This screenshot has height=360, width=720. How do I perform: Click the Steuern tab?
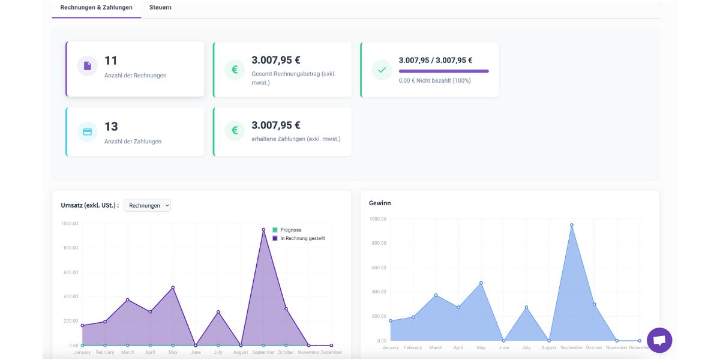pos(160,8)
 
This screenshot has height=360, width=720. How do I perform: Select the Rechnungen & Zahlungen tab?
pos(96,8)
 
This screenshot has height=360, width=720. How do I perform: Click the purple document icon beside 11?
pos(87,66)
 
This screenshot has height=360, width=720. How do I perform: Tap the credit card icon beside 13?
pos(87,132)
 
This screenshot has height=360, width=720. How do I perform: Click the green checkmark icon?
pos(382,70)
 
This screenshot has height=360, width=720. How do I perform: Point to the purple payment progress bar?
pos(443,71)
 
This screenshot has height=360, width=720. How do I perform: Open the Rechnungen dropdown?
pos(147,205)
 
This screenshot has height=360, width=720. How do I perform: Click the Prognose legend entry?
pos(290,230)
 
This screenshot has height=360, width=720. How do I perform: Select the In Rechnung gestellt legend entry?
pos(302,238)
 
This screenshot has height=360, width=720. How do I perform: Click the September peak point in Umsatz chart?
pos(263,229)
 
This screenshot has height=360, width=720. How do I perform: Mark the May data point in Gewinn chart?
pos(481,283)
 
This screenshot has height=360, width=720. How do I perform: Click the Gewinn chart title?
pos(380,203)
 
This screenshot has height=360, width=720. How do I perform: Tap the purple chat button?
pos(659,340)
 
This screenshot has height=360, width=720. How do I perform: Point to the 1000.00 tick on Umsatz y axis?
pos(70,224)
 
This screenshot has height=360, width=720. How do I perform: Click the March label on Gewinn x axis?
pos(436,348)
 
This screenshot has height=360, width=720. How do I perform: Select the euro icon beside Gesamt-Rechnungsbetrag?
pos(235,70)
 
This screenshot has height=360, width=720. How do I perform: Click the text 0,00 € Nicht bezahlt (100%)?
pos(434,80)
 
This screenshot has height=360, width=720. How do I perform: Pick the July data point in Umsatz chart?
pos(218,312)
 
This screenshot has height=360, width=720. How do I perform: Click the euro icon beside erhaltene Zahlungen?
pos(235,130)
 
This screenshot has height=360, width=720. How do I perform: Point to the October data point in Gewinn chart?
pos(595,304)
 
